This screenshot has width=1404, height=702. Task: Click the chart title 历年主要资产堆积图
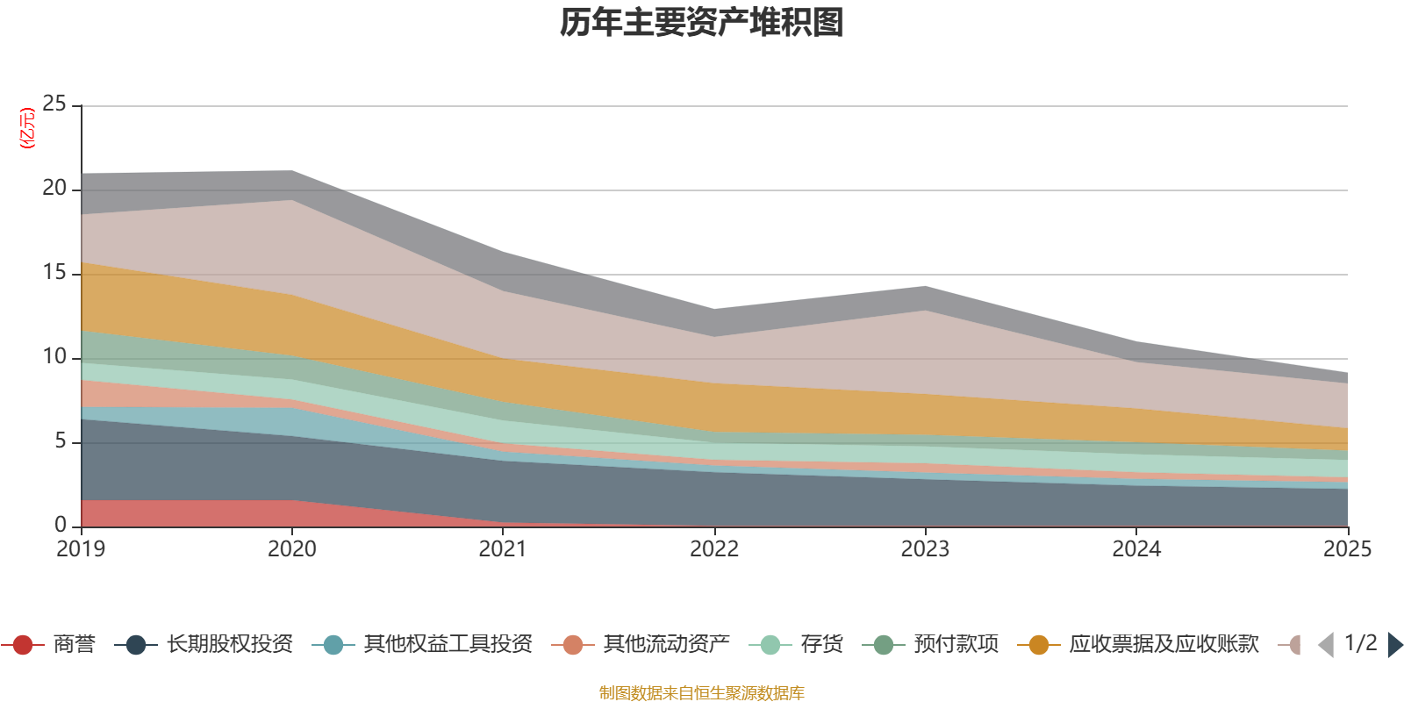[x=702, y=23]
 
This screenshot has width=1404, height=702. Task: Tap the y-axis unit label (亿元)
[x=27, y=128]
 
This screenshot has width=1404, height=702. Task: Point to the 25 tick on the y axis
[x=54, y=104]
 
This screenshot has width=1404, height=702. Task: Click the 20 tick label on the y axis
[x=54, y=188]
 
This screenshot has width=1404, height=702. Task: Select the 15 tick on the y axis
[x=54, y=272]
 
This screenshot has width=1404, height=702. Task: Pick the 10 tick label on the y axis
[x=54, y=356]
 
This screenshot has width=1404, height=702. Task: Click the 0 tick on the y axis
[x=61, y=525]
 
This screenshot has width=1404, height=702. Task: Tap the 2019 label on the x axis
[x=81, y=549]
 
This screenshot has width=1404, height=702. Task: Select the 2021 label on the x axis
[x=503, y=549]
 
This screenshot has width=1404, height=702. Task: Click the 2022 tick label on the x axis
[x=714, y=549]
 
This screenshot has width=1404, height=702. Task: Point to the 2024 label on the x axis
[x=1136, y=549]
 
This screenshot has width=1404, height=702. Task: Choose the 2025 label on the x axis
[x=1347, y=549]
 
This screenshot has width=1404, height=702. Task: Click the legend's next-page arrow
[x=1394, y=645]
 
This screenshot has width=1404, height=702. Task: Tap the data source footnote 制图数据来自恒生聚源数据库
[x=702, y=693]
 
